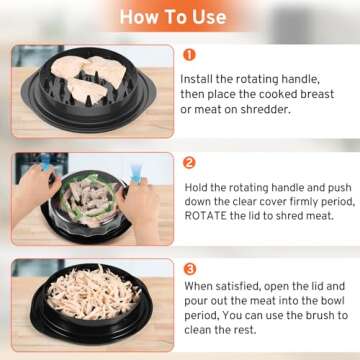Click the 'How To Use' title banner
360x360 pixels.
click(180, 17)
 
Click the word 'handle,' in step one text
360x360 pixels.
click(311, 77)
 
